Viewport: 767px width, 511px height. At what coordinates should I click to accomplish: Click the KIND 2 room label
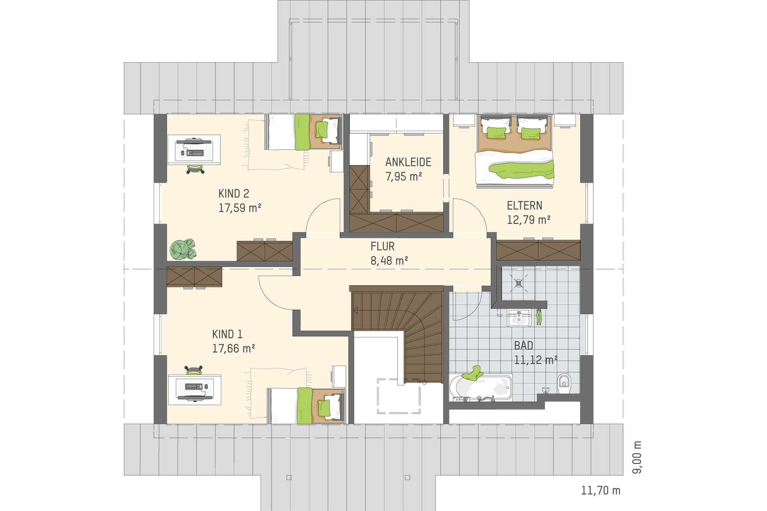(x=234, y=194)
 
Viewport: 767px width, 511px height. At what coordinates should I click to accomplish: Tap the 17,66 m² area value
(x=234, y=349)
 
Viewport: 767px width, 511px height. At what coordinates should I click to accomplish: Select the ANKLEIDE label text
(x=408, y=162)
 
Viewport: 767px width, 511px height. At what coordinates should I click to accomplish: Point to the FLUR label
(x=382, y=246)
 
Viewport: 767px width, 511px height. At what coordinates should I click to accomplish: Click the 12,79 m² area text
(x=529, y=220)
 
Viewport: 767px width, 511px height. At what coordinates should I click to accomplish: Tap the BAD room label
(x=523, y=345)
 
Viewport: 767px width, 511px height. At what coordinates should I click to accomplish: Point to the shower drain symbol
(x=519, y=283)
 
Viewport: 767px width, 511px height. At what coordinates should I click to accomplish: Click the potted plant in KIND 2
(x=183, y=250)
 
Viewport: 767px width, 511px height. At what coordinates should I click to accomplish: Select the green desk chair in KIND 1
(x=194, y=370)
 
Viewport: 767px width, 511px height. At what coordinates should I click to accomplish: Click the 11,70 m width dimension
(x=600, y=490)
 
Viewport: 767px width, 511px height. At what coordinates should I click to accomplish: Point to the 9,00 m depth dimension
(x=637, y=457)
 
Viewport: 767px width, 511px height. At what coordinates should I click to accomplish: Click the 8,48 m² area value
(x=389, y=261)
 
